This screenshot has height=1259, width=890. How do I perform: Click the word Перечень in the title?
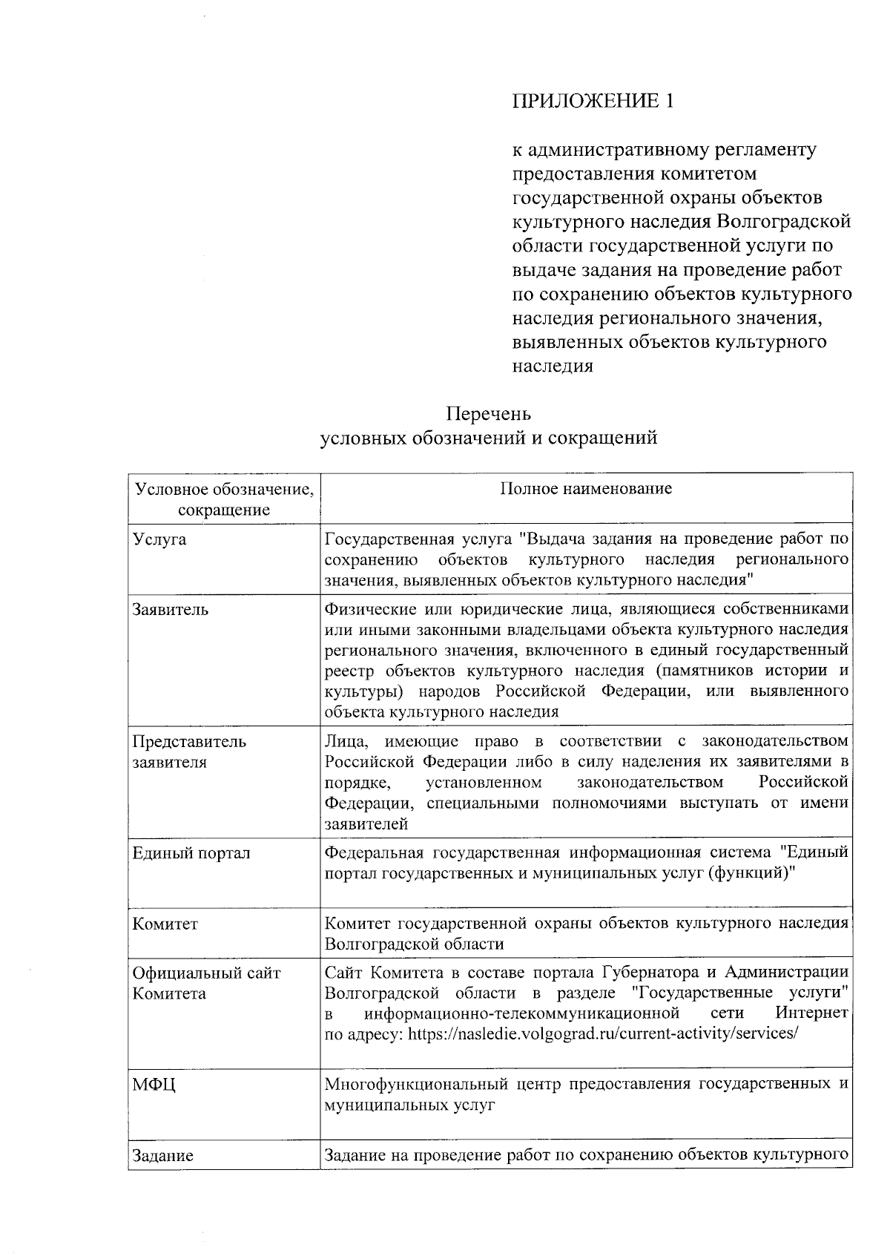[x=489, y=413]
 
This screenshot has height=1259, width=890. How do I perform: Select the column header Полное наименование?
[x=586, y=488]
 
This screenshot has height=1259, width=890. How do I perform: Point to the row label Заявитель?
[x=171, y=610]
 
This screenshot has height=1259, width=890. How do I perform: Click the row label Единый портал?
[x=191, y=853]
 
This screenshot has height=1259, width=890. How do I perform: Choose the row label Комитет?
[x=165, y=924]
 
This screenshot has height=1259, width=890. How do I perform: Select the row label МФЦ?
[x=154, y=1085]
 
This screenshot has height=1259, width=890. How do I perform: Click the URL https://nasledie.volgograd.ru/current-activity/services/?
[x=603, y=1033]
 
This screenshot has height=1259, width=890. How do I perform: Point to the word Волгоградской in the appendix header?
[x=784, y=221]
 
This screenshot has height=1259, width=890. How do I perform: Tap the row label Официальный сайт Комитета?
[x=206, y=983]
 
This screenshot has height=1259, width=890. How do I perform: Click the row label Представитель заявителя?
[x=189, y=752]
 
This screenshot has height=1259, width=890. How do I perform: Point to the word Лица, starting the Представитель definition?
[x=345, y=741]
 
